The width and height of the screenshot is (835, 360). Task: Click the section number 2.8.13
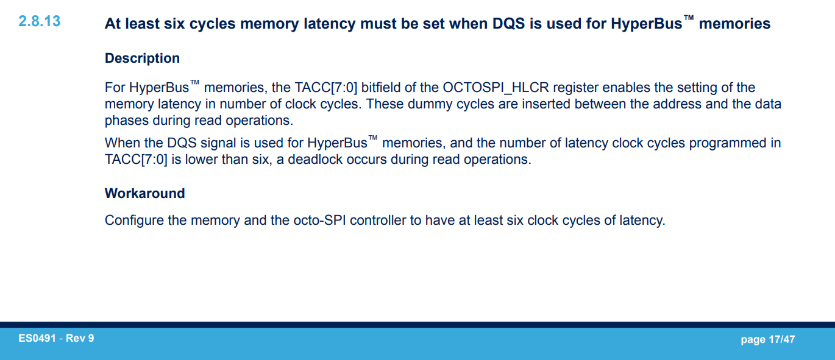40,21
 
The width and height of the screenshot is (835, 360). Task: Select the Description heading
142,58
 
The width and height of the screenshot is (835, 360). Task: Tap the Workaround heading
144,194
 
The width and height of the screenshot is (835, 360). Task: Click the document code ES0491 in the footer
38,338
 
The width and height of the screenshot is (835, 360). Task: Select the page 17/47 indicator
767,339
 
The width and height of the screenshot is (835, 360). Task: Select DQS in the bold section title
510,24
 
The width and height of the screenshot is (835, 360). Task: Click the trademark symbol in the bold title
688,19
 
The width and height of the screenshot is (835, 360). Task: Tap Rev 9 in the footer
80,338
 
